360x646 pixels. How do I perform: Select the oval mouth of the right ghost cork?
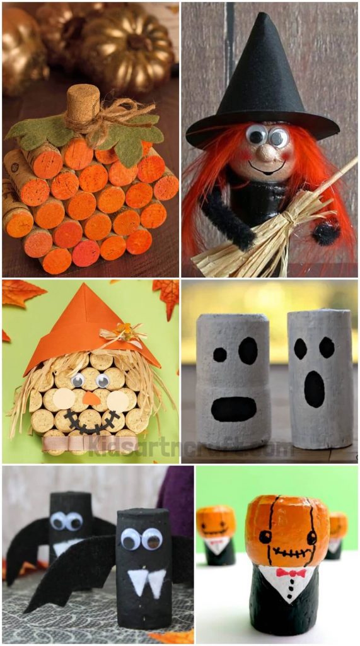coord(314,389)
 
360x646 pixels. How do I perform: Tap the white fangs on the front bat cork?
coord(149,582)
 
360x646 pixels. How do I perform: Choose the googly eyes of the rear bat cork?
coord(66,521)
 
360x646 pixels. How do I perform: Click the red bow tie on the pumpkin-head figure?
coord(290,573)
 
